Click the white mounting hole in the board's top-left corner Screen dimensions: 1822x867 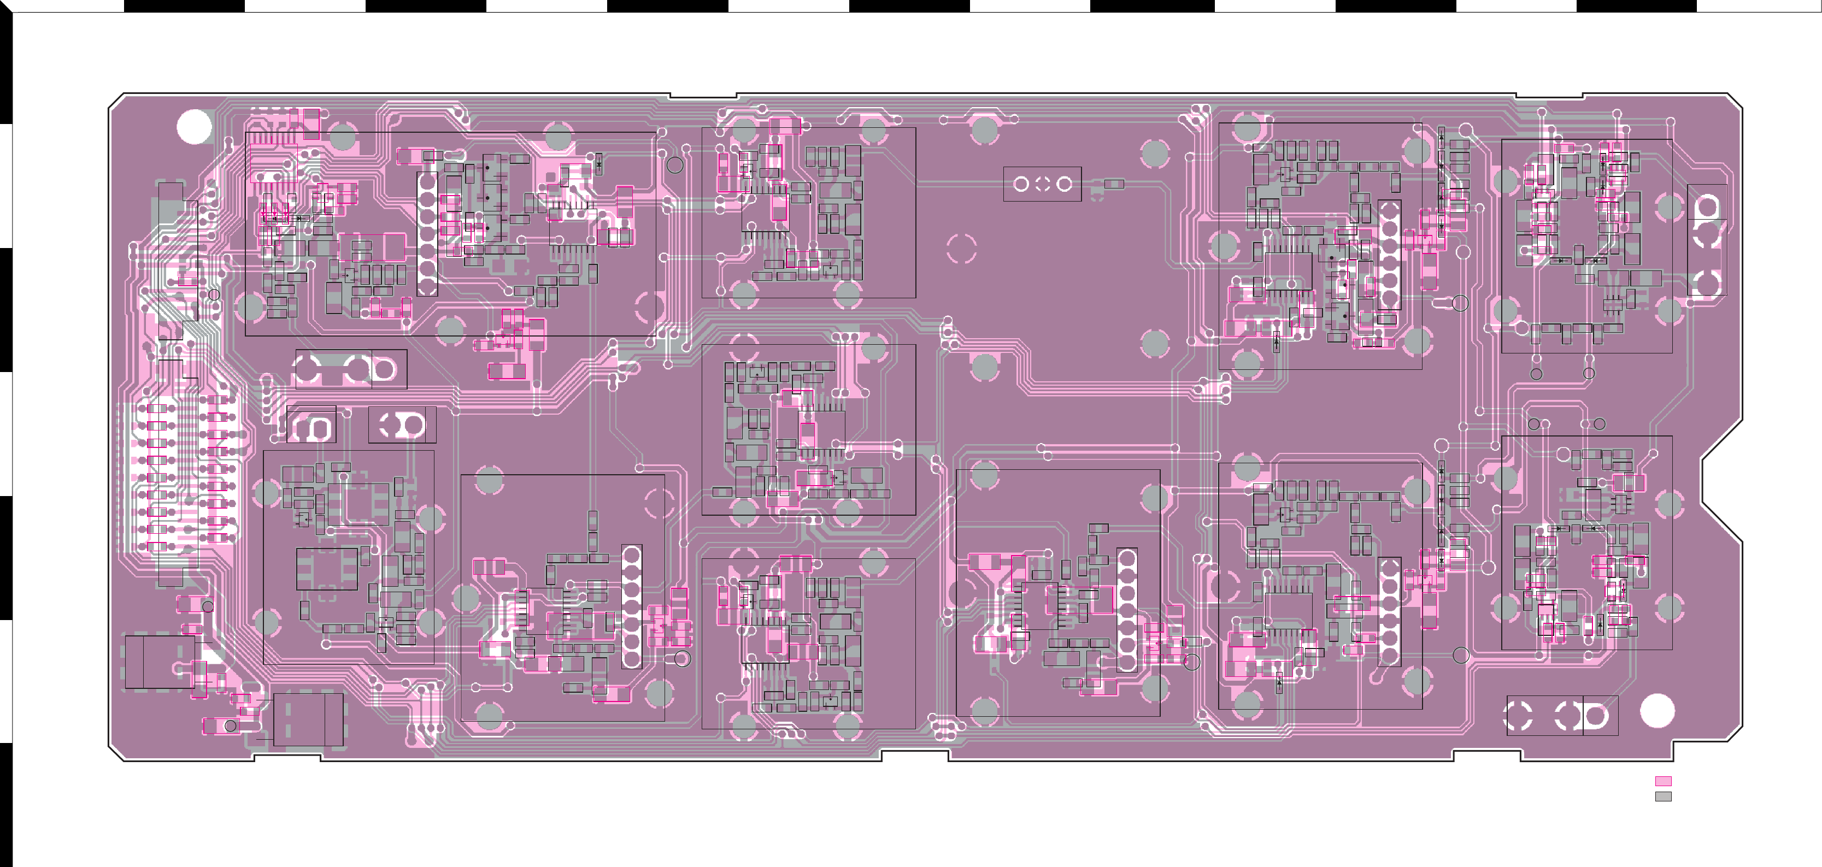click(x=194, y=127)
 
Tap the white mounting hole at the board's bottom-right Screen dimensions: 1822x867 click(x=1656, y=711)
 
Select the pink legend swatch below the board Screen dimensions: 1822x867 click(x=1663, y=781)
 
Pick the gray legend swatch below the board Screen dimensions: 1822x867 click(x=1663, y=797)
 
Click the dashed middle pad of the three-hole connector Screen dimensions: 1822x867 click(x=1042, y=185)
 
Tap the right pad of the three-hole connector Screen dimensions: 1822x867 click(x=1064, y=185)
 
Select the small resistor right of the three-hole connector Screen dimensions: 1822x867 click(x=1113, y=185)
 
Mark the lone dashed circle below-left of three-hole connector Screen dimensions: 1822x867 click(x=961, y=248)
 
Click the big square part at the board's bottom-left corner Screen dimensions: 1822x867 click(x=160, y=662)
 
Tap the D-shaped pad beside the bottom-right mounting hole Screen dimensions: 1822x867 click(x=1597, y=716)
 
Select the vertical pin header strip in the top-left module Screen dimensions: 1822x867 click(x=427, y=234)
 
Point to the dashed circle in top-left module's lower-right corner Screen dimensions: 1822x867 click(x=649, y=305)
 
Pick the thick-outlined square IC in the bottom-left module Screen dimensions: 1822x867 click(x=327, y=569)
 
